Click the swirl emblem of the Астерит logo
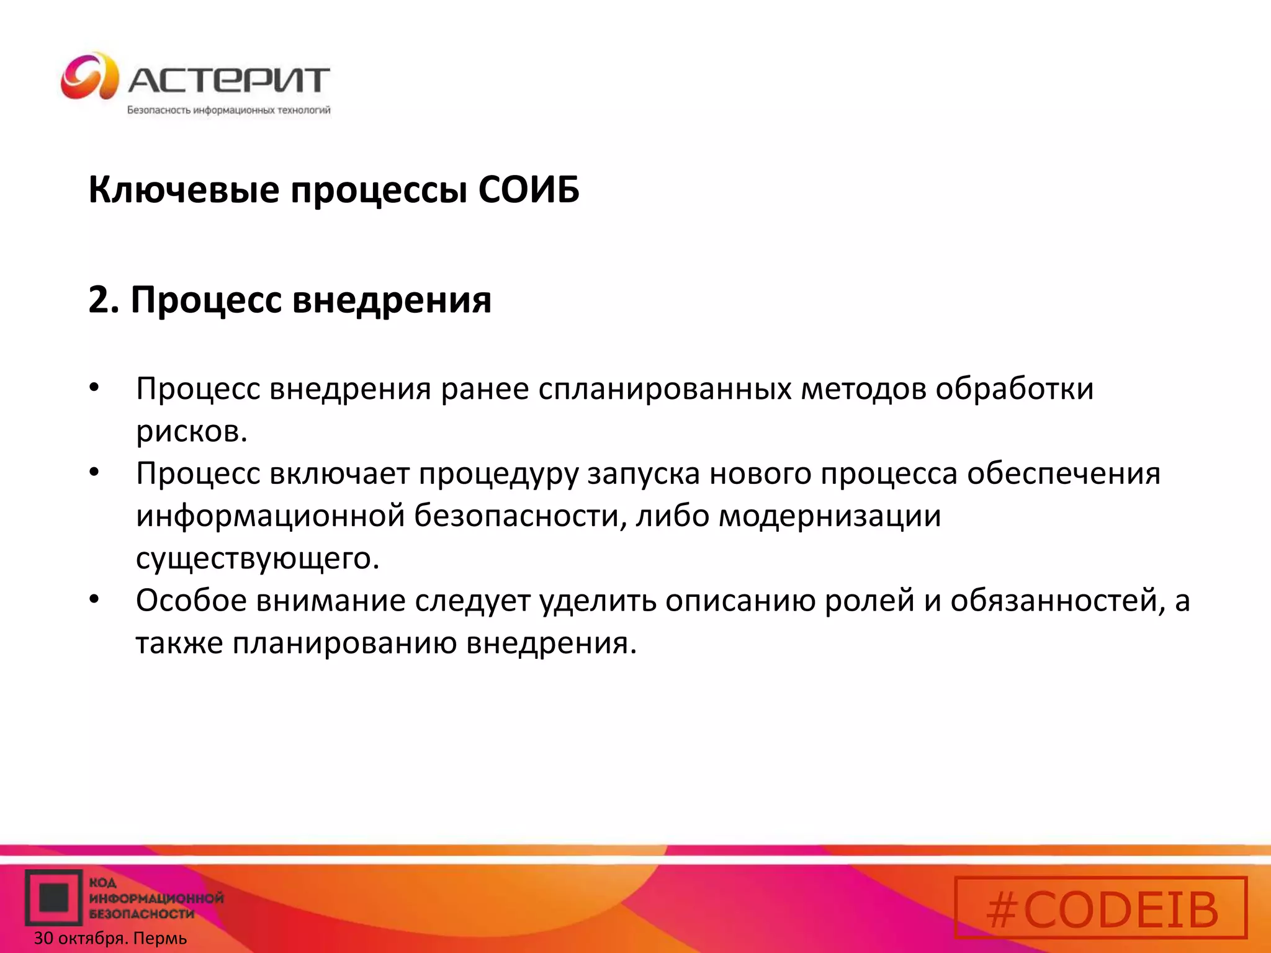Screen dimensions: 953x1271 [89, 76]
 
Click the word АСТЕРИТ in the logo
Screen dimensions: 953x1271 [228, 80]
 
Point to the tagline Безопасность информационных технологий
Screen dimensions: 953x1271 [228, 110]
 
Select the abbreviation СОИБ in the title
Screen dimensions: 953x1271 [529, 190]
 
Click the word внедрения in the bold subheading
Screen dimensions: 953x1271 [392, 300]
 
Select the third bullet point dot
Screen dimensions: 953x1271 [94, 600]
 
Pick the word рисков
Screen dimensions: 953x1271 [191, 432]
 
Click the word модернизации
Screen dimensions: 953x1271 [830, 516]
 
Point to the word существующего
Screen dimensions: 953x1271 [257, 558]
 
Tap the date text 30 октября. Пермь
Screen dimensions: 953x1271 [110, 939]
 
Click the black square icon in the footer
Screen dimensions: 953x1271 [53, 898]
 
